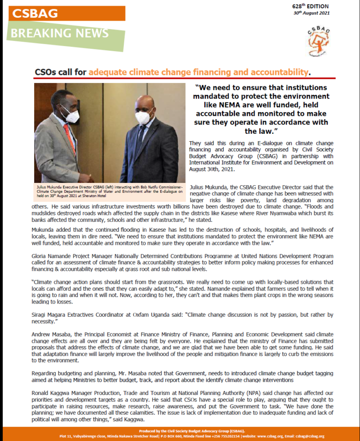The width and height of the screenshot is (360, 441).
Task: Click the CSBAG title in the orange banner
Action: point(35,13)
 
